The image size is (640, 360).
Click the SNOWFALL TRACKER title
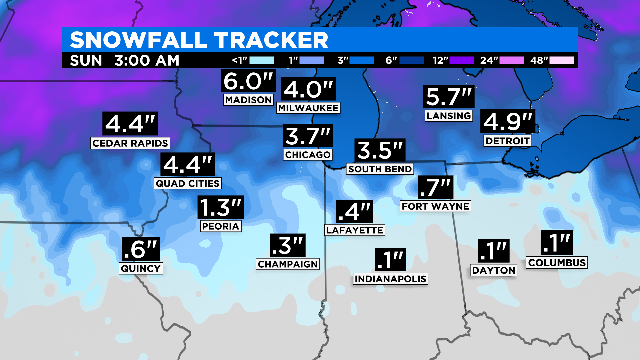pyautogui.click(x=197, y=40)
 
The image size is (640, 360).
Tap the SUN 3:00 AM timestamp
pyautogui.click(x=125, y=60)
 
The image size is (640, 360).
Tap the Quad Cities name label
pyautogui.click(x=187, y=183)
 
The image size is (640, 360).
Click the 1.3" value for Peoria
pyautogui.click(x=220, y=208)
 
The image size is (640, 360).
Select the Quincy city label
pyautogui.click(x=140, y=267)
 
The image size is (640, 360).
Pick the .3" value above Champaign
pyautogui.click(x=287, y=245)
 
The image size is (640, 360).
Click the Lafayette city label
pyautogui.click(x=354, y=229)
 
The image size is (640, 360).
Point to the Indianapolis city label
pyautogui.click(x=391, y=278)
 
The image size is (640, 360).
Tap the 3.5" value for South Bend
pyautogui.click(x=380, y=152)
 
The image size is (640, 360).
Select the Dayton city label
pyautogui.click(x=494, y=270)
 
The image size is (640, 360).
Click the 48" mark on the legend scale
pyautogui.click(x=561, y=60)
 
